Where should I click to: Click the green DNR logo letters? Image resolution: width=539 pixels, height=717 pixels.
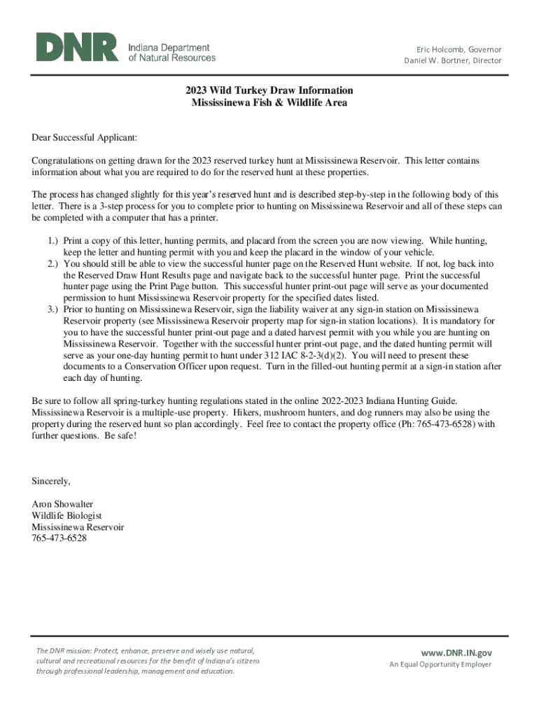pos(77,48)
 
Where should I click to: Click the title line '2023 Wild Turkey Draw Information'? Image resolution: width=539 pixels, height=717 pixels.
pos(269,91)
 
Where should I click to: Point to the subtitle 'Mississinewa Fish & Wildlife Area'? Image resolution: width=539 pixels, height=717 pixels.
pos(269,103)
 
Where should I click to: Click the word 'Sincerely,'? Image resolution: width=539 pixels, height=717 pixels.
pos(52,481)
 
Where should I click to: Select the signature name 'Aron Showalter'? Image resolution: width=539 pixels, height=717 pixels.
pos(62,504)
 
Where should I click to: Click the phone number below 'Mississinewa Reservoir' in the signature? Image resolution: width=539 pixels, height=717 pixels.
pos(59,538)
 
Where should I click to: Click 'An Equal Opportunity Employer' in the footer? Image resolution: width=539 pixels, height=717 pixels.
pos(440,664)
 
